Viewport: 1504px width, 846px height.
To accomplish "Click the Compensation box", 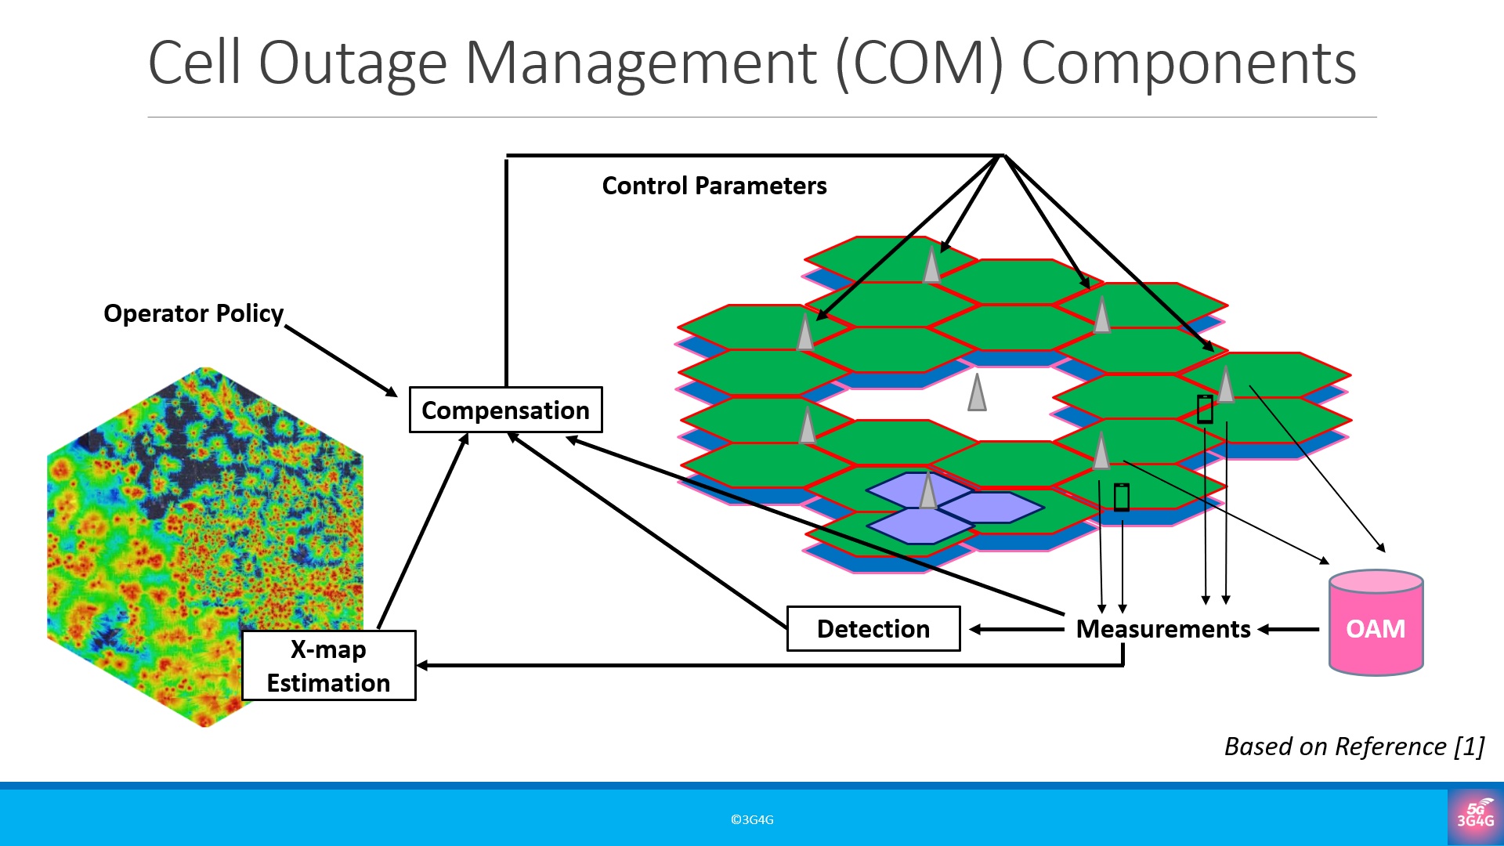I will (x=505, y=410).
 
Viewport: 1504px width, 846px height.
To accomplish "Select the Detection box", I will (x=873, y=628).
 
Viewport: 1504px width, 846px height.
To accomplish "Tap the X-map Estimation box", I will (x=328, y=666).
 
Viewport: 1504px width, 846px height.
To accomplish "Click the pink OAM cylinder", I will (x=1376, y=624).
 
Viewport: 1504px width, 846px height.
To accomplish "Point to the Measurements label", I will (x=1162, y=629).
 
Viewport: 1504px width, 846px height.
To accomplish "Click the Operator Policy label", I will (x=193, y=313).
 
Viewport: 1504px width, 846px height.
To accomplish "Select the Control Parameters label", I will (x=714, y=186).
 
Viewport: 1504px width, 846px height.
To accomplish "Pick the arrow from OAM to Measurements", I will (x=1289, y=629).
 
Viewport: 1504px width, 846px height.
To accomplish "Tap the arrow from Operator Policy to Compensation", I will (x=341, y=361).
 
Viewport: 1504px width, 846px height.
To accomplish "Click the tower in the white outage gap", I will (x=977, y=392).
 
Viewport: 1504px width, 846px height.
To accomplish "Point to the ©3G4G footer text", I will (x=752, y=819).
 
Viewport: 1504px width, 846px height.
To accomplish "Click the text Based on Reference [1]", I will (x=1354, y=747).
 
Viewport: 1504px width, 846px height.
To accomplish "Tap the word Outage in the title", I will (x=352, y=63).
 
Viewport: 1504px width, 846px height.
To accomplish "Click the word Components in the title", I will (x=1188, y=63).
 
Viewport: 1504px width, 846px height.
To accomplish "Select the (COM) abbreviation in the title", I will (x=920, y=63).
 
